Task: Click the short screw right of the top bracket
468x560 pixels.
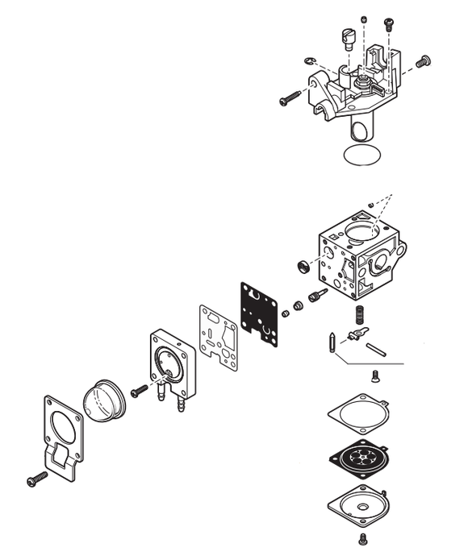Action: tap(422, 61)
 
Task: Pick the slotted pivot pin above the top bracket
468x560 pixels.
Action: tap(349, 37)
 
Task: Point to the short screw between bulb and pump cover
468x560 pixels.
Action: tap(140, 390)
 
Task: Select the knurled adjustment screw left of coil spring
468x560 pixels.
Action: tap(317, 297)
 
